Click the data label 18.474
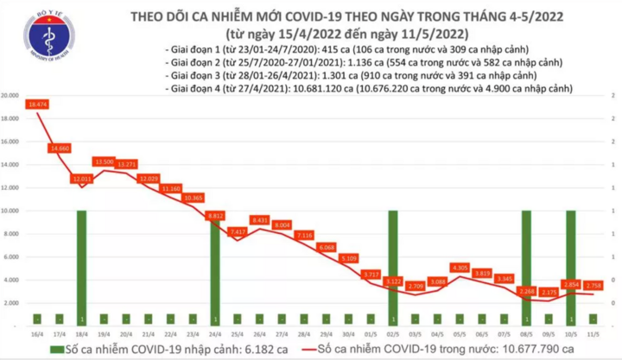pos(36,104)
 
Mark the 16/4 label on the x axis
pos(36,332)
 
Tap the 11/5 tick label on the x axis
pos(593,332)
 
